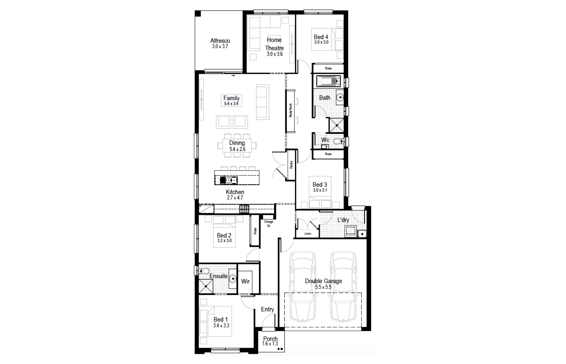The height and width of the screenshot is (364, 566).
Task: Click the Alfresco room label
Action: click(x=220, y=41)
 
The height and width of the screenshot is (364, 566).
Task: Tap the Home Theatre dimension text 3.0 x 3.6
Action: click(x=275, y=54)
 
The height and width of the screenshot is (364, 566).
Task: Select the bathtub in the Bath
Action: click(x=328, y=82)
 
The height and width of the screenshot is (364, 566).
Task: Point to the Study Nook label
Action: click(x=290, y=110)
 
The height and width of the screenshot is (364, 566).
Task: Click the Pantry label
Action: click(x=291, y=165)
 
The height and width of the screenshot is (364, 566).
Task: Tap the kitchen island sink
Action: click(x=231, y=180)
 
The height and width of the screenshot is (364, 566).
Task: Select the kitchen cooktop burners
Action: click(x=244, y=209)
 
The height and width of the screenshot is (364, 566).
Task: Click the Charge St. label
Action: click(x=269, y=224)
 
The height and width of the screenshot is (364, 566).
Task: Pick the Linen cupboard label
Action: click(x=308, y=234)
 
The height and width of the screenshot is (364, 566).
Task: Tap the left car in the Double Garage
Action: click(x=302, y=287)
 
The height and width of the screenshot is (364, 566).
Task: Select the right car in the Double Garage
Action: click(x=343, y=287)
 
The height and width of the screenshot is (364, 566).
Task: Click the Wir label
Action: click(x=245, y=281)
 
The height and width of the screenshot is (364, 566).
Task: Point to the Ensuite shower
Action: click(x=206, y=286)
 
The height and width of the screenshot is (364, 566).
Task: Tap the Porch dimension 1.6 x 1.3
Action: click(x=270, y=344)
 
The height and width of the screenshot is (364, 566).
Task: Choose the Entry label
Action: click(x=267, y=309)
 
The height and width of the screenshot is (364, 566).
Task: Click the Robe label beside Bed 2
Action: click(x=255, y=231)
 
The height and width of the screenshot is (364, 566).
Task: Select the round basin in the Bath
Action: click(x=340, y=97)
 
